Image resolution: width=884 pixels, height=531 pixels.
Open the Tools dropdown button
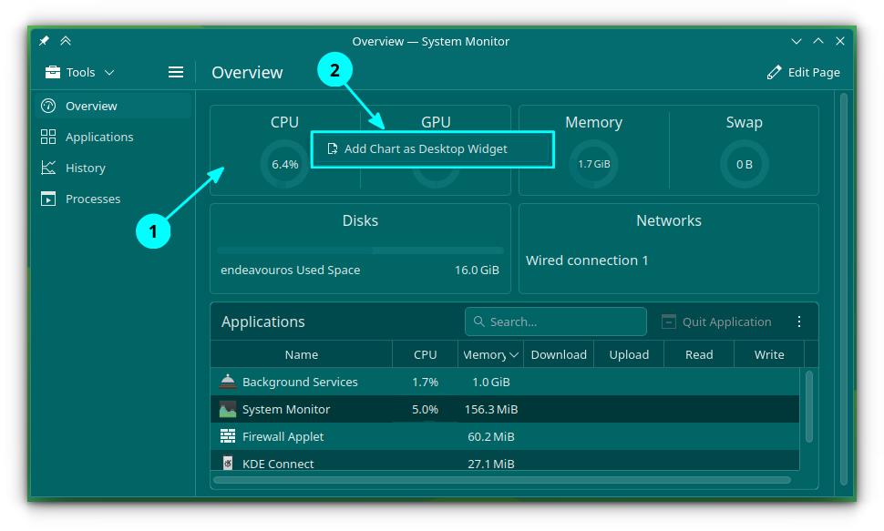80,72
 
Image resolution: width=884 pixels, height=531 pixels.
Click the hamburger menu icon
176,72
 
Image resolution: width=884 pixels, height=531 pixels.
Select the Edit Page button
804,72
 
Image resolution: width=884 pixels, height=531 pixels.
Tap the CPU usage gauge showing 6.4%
284,165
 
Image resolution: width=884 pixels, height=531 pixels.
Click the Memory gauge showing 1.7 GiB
593,164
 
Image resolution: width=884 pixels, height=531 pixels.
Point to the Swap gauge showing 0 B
745,164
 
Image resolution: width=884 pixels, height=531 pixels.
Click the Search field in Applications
555,322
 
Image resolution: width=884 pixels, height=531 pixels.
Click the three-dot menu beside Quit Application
799,322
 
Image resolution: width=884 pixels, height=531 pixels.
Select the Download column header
559,354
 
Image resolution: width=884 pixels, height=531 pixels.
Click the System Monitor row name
286,409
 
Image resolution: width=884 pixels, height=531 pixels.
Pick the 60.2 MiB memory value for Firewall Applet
491,437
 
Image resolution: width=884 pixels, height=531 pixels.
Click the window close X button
840,41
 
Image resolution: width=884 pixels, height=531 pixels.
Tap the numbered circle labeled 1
153,231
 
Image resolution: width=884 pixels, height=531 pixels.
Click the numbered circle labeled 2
334,70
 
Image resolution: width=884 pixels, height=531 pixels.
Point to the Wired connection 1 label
587,260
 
